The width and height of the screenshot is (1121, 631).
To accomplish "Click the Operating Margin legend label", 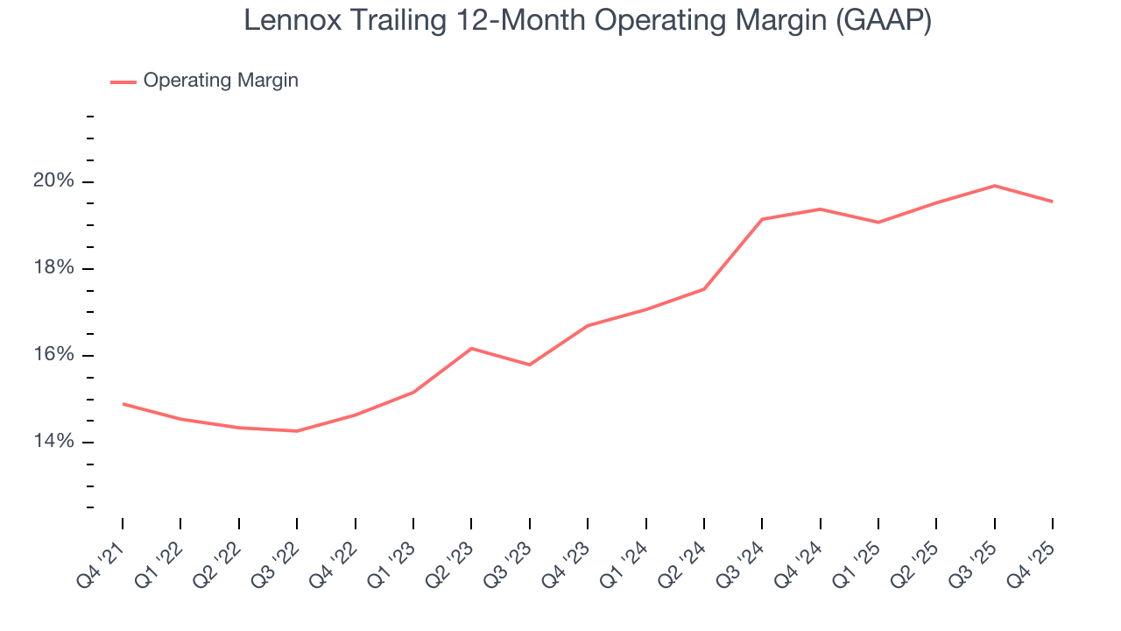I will click(x=221, y=81).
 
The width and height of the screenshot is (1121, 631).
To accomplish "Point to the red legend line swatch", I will click(x=123, y=82).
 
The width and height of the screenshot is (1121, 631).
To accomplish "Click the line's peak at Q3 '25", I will click(x=994, y=186).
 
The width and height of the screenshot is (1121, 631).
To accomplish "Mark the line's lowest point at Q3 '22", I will click(x=297, y=431).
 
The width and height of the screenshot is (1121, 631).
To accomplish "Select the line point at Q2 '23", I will click(x=471, y=349).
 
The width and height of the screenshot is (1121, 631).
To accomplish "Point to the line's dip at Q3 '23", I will click(x=530, y=365).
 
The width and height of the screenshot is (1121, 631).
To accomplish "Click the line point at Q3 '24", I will click(x=762, y=219).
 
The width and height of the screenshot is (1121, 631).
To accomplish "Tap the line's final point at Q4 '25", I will click(x=1052, y=202).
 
